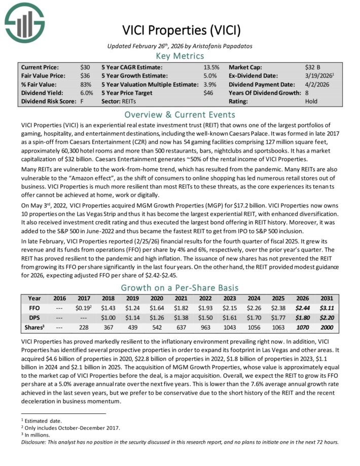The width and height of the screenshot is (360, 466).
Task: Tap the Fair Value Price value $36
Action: point(85,75)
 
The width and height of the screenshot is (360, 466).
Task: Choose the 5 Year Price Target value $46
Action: point(208,93)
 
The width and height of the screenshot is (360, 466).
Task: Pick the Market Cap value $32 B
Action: point(313,67)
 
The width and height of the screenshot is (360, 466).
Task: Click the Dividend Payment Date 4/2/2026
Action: point(317,84)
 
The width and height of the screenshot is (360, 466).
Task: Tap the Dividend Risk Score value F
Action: point(82,101)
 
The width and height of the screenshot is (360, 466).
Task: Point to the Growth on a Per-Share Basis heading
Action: point(180,287)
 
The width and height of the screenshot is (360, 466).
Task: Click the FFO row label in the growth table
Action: point(34,308)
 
